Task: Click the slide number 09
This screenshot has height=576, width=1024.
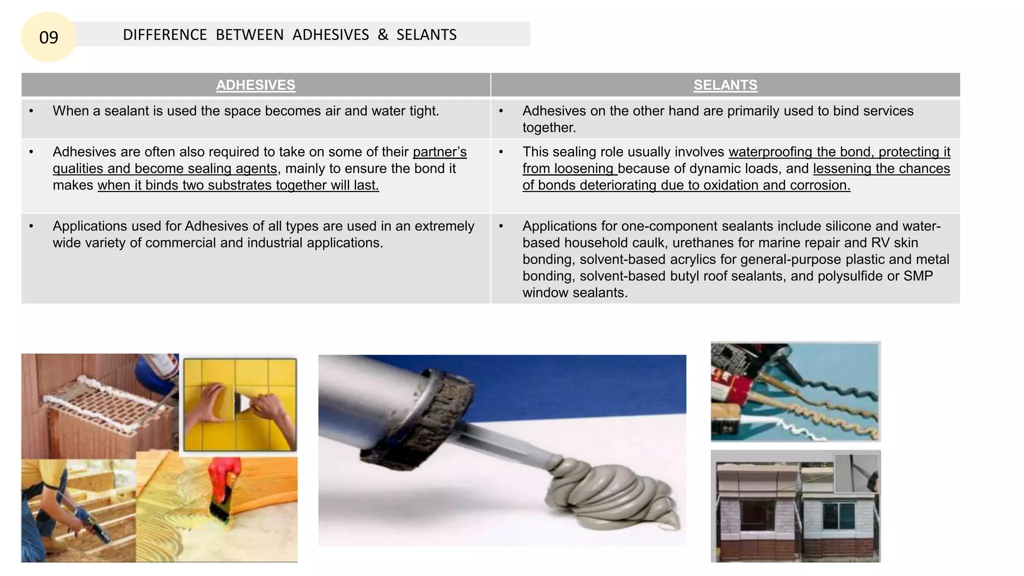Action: click(x=48, y=37)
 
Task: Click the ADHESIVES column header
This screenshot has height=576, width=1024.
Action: click(x=255, y=85)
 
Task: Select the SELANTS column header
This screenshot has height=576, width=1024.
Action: click(x=725, y=85)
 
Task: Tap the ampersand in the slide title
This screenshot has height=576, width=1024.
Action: click(x=382, y=34)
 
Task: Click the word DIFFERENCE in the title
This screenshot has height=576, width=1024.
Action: click(x=164, y=35)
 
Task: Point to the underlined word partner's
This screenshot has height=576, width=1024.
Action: click(x=439, y=152)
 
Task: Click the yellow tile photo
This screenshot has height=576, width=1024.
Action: click(x=239, y=404)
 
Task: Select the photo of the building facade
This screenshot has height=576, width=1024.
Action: click(x=795, y=506)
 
